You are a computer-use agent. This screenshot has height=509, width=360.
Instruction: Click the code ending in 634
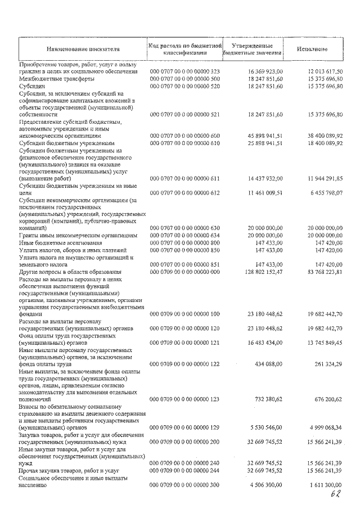(x=184, y=235)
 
